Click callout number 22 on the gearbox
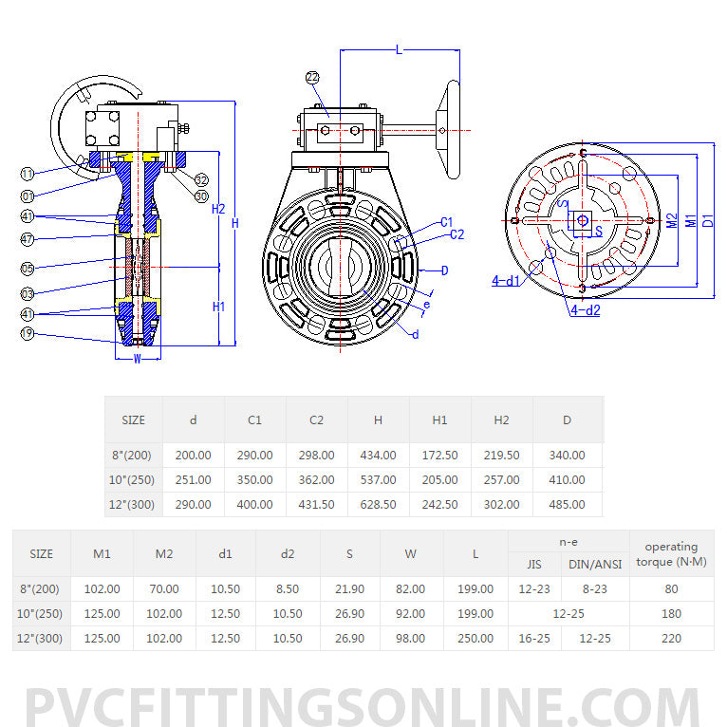coord(313,77)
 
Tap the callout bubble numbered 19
coord(28,333)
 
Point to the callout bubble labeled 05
coord(28,269)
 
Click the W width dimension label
coord(138,359)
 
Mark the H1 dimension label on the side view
coord(218,307)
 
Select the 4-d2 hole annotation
coord(585,310)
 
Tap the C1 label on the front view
coord(447,222)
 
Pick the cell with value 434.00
coord(378,456)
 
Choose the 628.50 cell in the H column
coord(378,505)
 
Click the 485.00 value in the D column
coord(567,505)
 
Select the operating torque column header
coord(671,553)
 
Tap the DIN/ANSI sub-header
coord(595,565)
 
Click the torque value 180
coord(671,614)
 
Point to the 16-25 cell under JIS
coord(534,639)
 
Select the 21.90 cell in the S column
coord(349,589)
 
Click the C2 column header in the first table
coord(316,419)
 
